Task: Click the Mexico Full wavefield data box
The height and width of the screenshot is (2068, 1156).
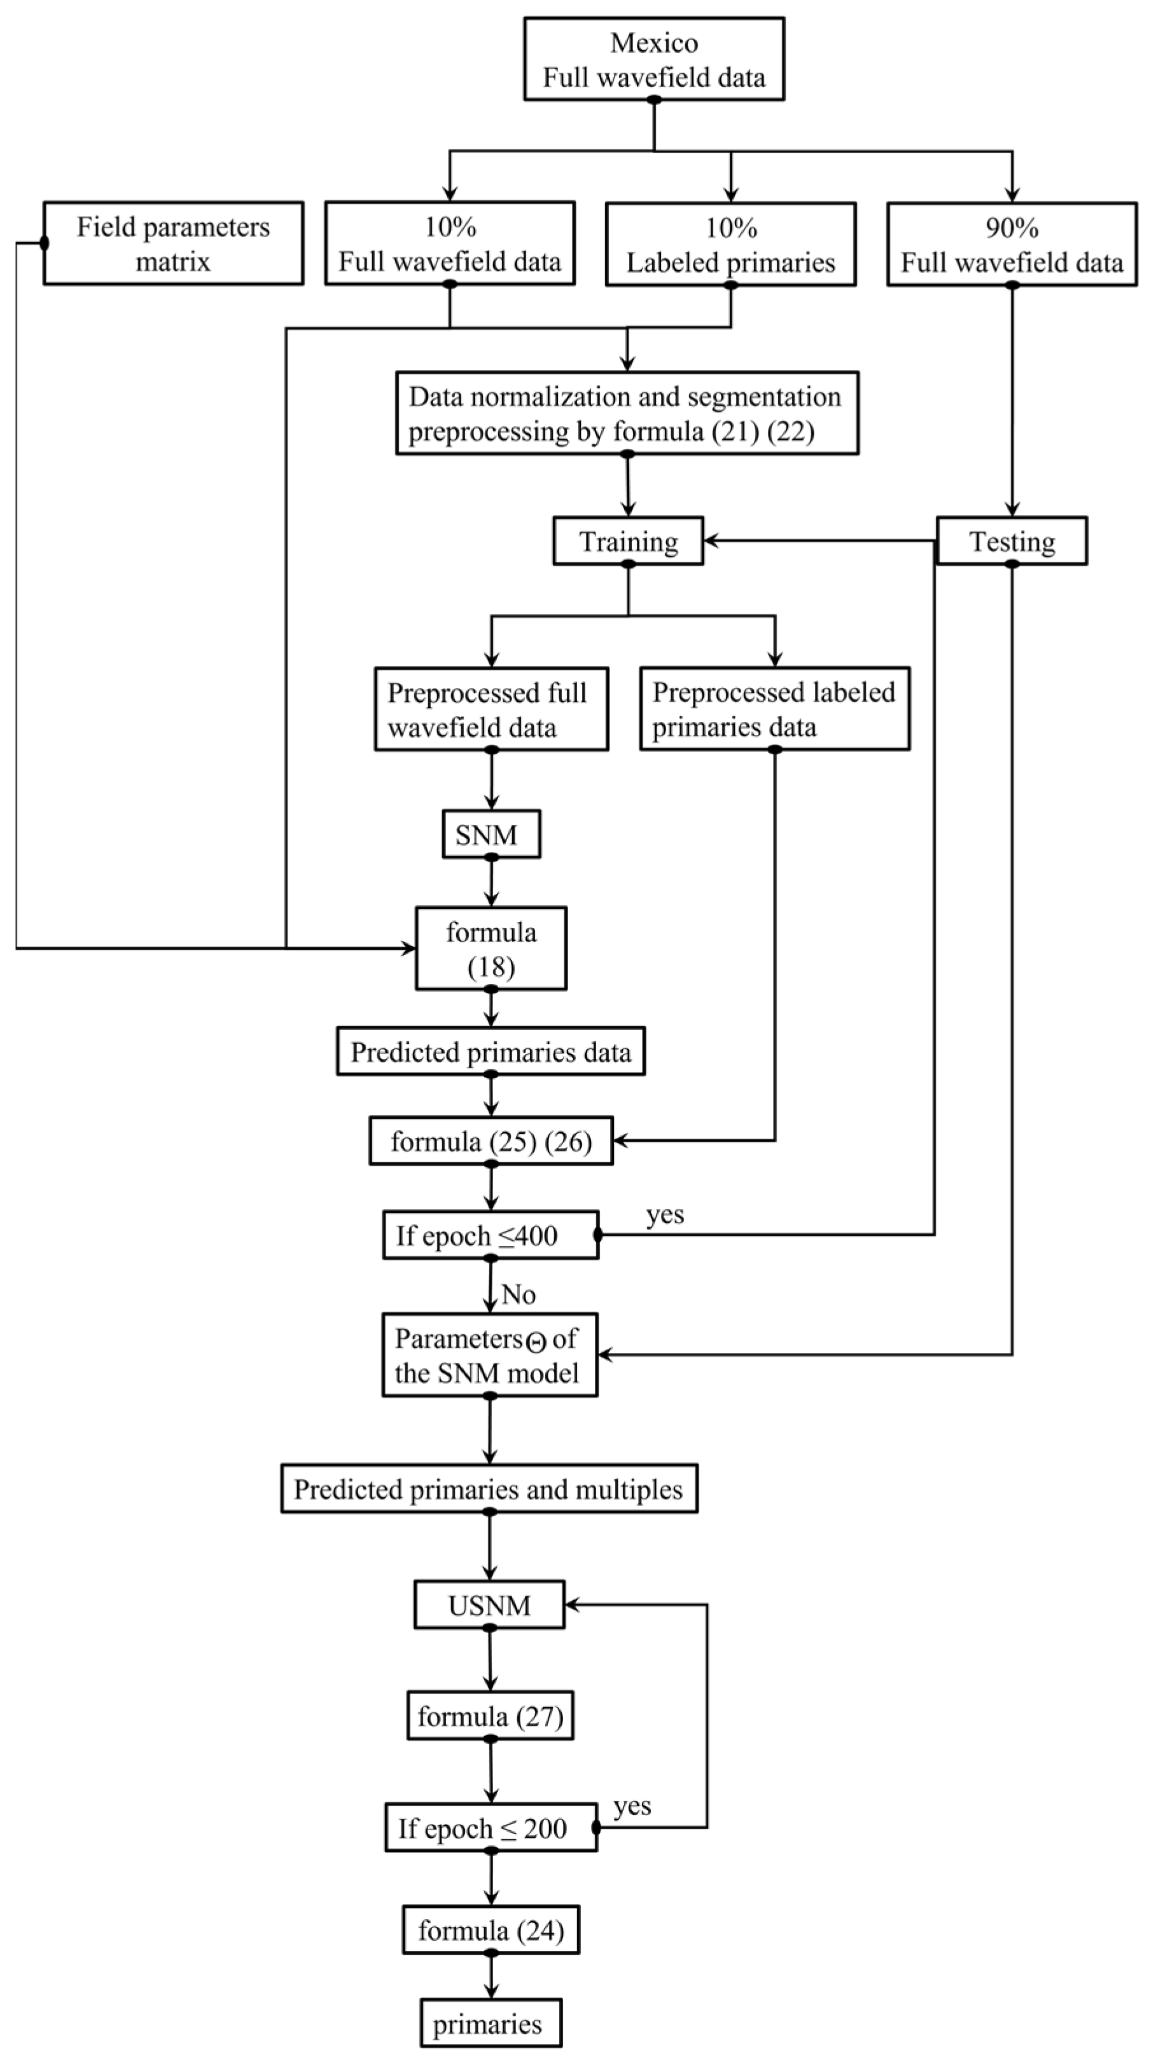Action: click(654, 59)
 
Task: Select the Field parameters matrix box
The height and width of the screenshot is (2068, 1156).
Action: click(174, 243)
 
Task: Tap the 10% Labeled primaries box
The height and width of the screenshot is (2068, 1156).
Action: click(730, 244)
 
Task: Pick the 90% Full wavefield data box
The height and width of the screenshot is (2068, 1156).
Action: click(1012, 244)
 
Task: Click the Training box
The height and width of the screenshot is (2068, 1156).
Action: click(628, 541)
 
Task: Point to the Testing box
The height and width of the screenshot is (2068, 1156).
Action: click(1012, 541)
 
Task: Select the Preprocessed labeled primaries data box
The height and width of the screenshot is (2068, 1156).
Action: click(774, 709)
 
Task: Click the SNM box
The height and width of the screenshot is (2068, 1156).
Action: click(491, 834)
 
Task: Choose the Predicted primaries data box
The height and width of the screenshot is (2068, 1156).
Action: click(491, 1051)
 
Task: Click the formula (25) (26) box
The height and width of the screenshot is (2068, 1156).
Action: click(491, 1140)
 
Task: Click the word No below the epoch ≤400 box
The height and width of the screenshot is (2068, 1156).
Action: click(519, 1294)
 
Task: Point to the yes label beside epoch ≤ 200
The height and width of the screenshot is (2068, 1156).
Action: click(632, 1805)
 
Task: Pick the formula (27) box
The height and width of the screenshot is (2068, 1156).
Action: click(490, 1716)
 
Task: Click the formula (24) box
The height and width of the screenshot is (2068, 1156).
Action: click(491, 1930)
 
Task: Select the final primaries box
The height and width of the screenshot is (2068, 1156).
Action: click(490, 2024)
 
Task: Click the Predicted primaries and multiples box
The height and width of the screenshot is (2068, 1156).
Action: click(489, 1489)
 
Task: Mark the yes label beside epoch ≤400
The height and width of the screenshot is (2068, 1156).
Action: click(665, 1215)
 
